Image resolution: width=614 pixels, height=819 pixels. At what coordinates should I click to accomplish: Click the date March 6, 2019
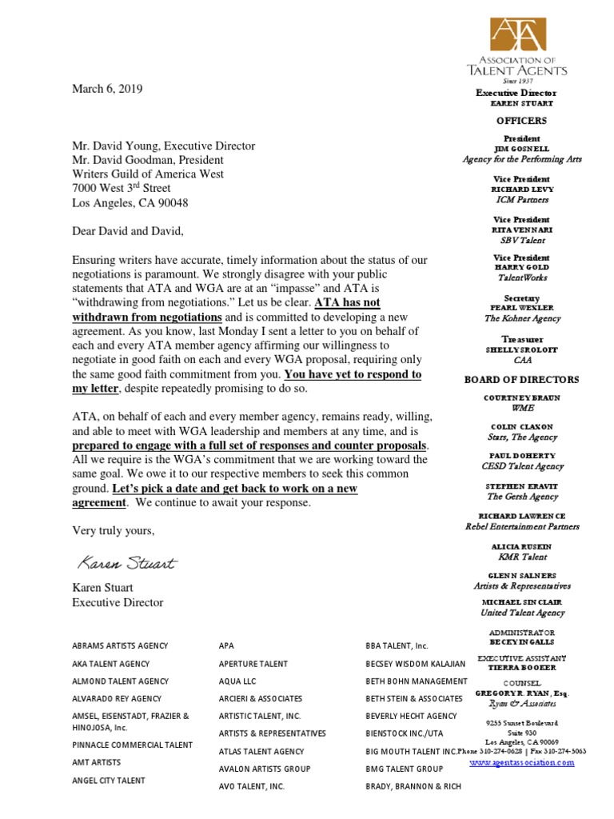[x=107, y=90]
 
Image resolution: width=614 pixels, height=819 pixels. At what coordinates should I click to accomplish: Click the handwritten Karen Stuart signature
[x=126, y=563]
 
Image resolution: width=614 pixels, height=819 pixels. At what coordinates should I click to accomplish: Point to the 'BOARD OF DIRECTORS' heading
[x=521, y=379]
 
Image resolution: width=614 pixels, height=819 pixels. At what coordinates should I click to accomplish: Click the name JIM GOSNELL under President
[x=521, y=149]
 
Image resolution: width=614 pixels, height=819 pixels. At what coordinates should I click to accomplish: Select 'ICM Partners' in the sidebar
[x=521, y=199]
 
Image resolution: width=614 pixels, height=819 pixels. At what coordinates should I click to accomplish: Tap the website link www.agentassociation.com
[x=521, y=762]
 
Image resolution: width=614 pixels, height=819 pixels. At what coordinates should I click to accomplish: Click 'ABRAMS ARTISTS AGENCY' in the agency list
[x=120, y=645]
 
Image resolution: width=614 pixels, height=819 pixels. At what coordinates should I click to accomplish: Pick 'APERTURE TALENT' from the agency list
[x=253, y=664]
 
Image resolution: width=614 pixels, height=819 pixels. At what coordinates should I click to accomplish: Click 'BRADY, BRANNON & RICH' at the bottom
[x=413, y=786]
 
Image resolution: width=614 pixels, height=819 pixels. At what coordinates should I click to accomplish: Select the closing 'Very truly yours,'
[x=114, y=530]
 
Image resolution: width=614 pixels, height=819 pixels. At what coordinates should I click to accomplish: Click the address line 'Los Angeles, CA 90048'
[x=130, y=203]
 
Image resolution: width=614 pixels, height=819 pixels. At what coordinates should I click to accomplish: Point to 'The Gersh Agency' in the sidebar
[x=521, y=497]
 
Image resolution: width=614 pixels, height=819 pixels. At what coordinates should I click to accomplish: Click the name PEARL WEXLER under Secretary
[x=521, y=308]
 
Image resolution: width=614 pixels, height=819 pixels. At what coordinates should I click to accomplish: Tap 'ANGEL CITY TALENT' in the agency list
[x=109, y=780]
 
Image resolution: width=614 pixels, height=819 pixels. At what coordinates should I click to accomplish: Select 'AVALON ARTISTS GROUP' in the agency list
[x=264, y=769]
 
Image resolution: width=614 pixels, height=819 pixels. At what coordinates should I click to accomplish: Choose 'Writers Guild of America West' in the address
[x=148, y=174]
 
